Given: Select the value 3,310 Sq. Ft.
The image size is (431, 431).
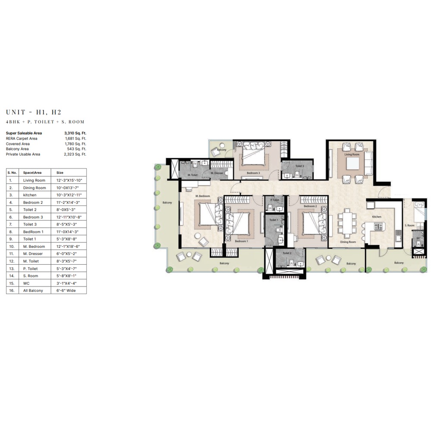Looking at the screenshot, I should point(75,133).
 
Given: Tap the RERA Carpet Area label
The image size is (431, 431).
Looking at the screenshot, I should point(22,138).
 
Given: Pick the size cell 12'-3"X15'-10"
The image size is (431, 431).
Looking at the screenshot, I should point(68,180).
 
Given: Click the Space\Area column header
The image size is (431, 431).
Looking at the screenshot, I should point(33,172).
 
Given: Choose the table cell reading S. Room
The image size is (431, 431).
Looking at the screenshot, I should point(31,275).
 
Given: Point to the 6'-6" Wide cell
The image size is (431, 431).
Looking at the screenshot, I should point(66,290).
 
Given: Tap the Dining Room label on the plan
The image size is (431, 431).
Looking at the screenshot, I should point(348,242).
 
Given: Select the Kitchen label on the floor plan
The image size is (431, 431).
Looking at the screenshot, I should point(377,217).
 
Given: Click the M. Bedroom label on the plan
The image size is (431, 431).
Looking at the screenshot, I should point(203,196).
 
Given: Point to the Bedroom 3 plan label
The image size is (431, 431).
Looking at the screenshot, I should point(253,173).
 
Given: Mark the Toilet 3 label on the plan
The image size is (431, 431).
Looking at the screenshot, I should point(300,166).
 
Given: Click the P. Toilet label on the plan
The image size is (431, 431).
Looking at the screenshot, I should point(275,200).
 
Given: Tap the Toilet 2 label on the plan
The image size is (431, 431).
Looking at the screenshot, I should point(287,253).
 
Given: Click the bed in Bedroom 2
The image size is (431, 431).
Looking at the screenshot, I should point(312,220).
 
